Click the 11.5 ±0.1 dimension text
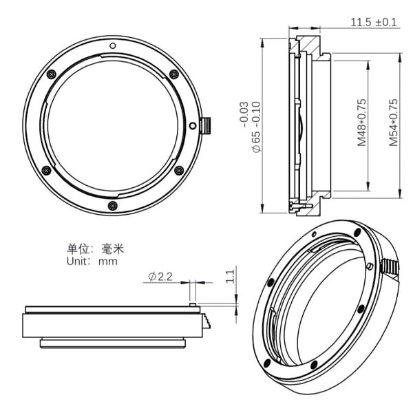coord(374,22)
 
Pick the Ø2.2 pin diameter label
coord(160,277)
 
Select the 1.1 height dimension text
coord(230,276)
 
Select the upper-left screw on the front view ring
coord(50,74)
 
